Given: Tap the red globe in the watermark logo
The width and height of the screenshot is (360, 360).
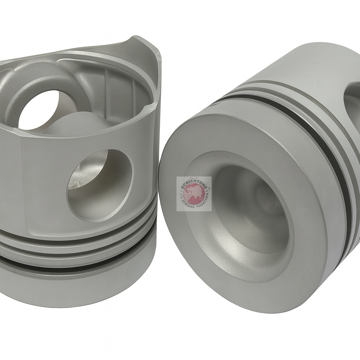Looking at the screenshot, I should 194,194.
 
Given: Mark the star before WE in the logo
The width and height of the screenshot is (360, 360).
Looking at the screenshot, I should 181,192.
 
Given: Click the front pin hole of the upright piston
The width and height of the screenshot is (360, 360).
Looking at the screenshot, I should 100,185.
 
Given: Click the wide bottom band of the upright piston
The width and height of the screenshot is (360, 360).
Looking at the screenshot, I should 77,285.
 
